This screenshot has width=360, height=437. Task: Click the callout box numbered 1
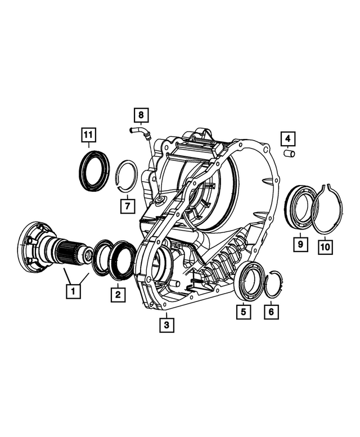click(x=72, y=291)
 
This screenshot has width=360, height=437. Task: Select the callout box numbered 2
click(x=118, y=293)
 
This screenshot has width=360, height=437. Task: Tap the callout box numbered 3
click(x=166, y=325)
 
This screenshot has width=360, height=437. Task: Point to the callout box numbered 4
click(x=287, y=137)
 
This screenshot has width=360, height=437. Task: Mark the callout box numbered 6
click(x=271, y=311)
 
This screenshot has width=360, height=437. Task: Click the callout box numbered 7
click(x=128, y=205)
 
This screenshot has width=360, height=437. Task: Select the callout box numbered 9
click(x=300, y=245)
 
